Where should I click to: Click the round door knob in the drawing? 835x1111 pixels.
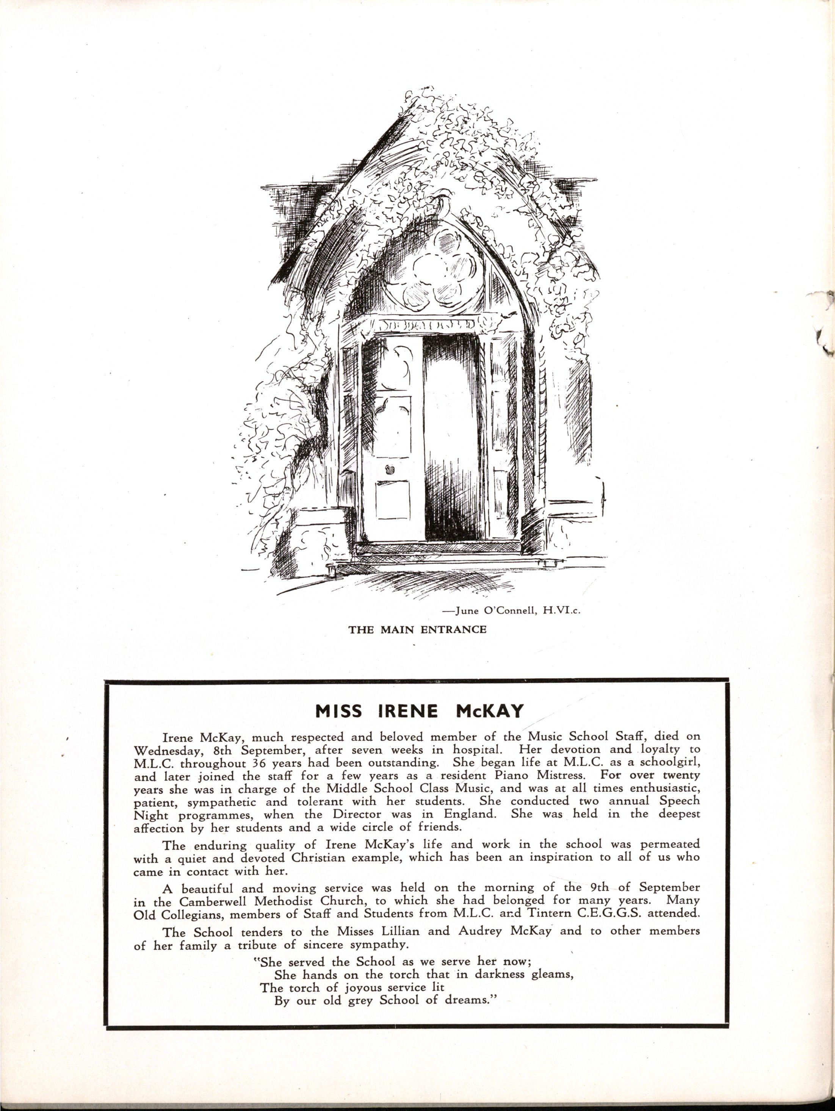click(388, 471)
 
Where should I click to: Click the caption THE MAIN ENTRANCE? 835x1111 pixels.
click(418, 629)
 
